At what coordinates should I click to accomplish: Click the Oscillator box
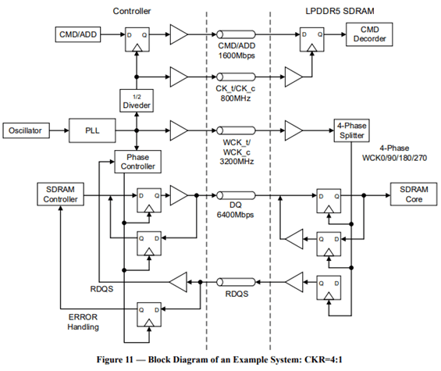click(x=27, y=130)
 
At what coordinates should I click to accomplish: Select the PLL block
click(x=92, y=130)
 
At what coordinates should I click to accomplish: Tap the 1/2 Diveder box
click(x=137, y=101)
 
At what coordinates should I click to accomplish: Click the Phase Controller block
click(x=138, y=162)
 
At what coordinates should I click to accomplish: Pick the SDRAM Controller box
click(x=60, y=194)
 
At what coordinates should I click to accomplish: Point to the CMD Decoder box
click(x=369, y=34)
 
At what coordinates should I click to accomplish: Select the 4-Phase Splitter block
click(x=351, y=130)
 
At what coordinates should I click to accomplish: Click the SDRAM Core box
click(x=414, y=194)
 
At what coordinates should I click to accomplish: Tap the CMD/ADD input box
click(x=78, y=34)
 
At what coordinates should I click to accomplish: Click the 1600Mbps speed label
click(x=237, y=55)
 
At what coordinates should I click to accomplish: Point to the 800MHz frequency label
click(x=236, y=98)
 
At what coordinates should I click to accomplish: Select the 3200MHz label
click(x=237, y=162)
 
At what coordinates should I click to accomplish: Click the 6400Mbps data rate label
click(x=235, y=215)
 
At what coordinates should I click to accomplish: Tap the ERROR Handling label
click(x=84, y=322)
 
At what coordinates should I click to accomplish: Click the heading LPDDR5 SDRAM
click(x=340, y=11)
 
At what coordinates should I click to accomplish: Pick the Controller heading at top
click(x=132, y=11)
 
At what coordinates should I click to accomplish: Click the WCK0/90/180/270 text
click(x=394, y=158)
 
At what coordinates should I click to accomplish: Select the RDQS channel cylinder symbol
click(x=236, y=282)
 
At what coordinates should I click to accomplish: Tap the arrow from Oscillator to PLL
click(x=59, y=130)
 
